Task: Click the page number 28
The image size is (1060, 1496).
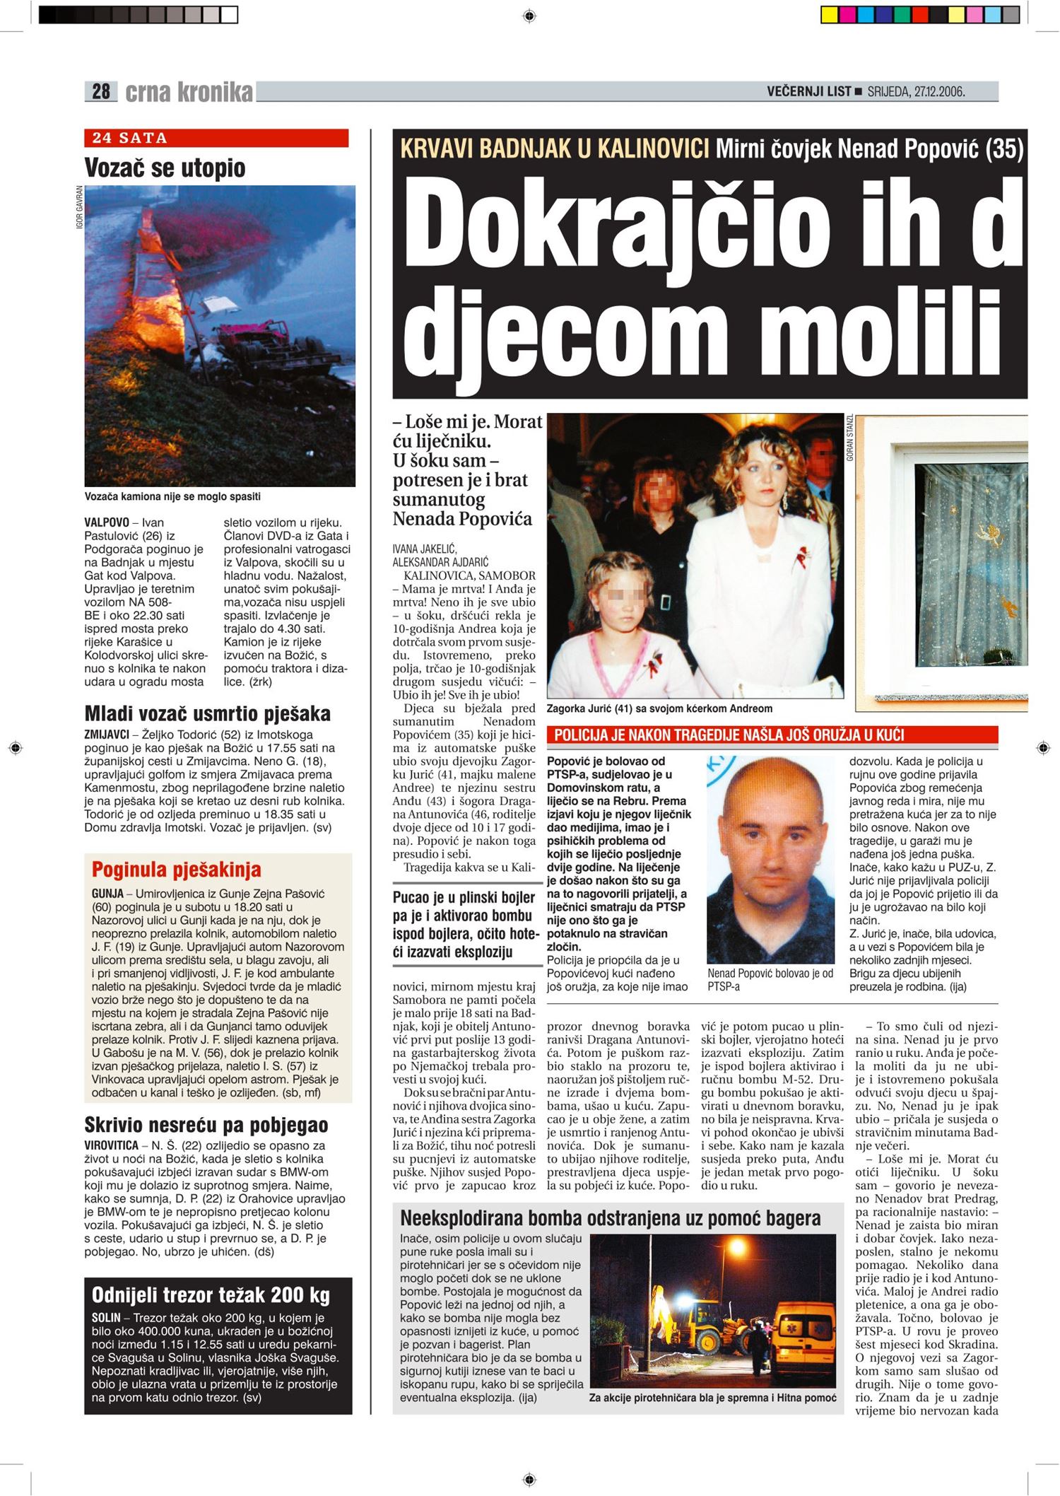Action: click(x=101, y=91)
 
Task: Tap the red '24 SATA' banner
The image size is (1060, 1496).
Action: click(x=216, y=138)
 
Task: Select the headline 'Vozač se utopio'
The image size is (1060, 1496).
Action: click(x=165, y=168)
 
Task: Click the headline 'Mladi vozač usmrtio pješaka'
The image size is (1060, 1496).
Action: click(x=207, y=713)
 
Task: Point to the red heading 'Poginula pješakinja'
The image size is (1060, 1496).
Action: click(x=177, y=869)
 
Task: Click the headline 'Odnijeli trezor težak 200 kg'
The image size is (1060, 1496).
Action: click(x=211, y=1295)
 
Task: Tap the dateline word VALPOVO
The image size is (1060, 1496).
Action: click(x=107, y=522)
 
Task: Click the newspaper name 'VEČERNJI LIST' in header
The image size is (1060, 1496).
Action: click(x=809, y=91)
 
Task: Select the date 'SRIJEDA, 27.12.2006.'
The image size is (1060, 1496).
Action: click(x=917, y=91)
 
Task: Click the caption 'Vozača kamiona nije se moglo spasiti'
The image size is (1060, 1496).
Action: click(x=172, y=496)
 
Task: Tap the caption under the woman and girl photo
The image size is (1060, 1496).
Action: click(x=659, y=708)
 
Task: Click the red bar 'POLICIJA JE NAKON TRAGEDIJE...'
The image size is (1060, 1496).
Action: click(x=772, y=735)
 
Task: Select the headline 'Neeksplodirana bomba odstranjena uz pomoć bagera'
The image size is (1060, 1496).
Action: click(x=611, y=1218)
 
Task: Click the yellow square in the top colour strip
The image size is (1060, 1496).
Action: click(x=830, y=15)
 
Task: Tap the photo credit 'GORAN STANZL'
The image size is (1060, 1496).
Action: click(x=850, y=438)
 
